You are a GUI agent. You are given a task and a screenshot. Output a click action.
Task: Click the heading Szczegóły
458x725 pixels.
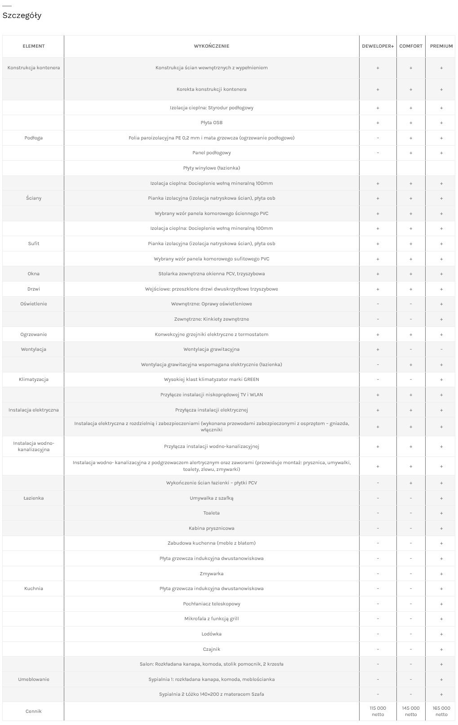coord(22,16)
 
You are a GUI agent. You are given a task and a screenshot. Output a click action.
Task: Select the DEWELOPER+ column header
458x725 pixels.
coord(378,46)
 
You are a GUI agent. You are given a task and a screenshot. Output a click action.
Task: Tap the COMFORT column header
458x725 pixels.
coord(411,46)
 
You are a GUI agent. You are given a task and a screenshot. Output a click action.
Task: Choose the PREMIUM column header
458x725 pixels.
coord(441,46)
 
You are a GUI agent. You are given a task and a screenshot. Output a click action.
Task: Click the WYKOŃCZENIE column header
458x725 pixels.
coord(211,46)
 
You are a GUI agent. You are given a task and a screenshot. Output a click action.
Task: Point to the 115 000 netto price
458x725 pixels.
coord(378,711)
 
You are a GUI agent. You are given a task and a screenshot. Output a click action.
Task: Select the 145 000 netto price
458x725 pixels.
coord(411,711)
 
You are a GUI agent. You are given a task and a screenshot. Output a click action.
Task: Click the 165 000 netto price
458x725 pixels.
coord(441,711)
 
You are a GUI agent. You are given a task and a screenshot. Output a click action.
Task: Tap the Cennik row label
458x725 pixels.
coord(34,711)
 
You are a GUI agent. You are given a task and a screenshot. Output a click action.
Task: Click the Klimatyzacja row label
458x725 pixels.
coord(34,380)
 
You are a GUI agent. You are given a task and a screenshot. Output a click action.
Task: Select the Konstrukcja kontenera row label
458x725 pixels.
coord(34,68)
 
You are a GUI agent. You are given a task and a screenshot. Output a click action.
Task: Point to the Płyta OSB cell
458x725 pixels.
coord(211,123)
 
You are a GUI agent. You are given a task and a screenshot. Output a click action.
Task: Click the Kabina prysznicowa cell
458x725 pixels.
coord(211,528)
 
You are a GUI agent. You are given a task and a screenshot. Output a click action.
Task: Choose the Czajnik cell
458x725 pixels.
coord(211,649)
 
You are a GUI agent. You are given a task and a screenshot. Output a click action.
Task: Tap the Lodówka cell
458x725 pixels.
coord(211,634)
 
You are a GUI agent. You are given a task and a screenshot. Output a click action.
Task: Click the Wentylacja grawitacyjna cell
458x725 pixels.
coord(211,349)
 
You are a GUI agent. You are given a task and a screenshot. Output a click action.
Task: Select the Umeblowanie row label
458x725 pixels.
coord(34,679)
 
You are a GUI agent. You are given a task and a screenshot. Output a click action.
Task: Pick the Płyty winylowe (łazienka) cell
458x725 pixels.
coord(211,168)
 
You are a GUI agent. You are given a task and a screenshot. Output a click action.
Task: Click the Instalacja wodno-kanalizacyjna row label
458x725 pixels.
coord(34,446)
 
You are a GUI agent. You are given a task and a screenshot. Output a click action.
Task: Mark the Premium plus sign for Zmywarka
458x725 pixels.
coord(441,574)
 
